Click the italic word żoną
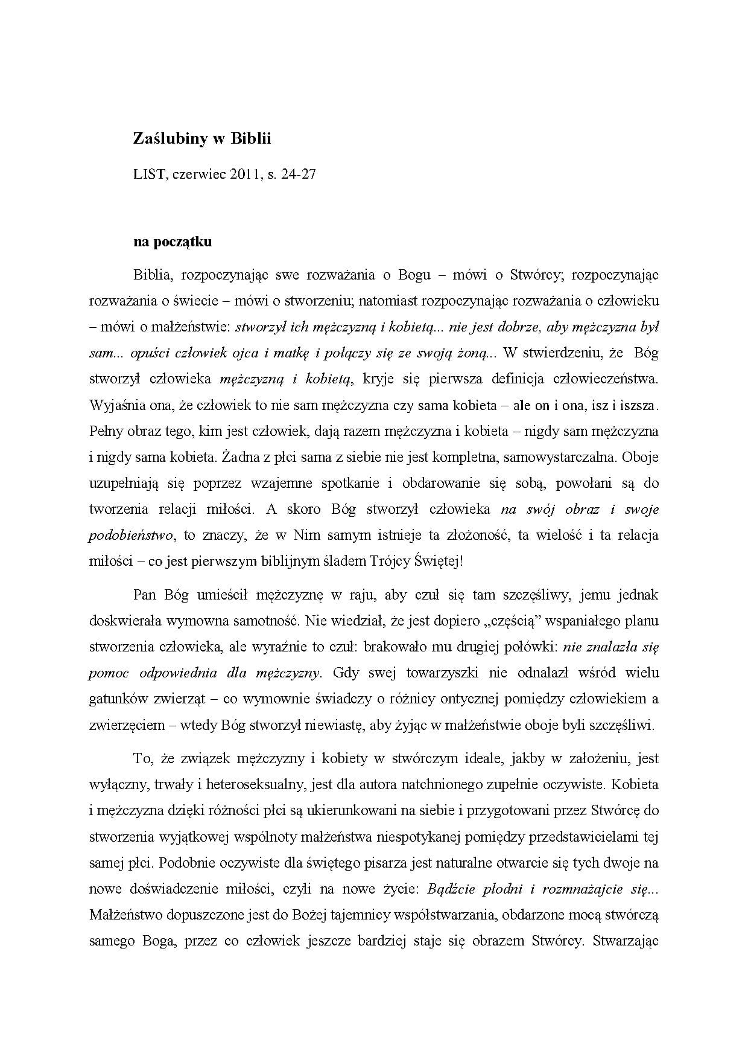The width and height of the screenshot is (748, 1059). click(x=479, y=353)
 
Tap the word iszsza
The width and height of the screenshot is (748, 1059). click(x=635, y=405)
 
